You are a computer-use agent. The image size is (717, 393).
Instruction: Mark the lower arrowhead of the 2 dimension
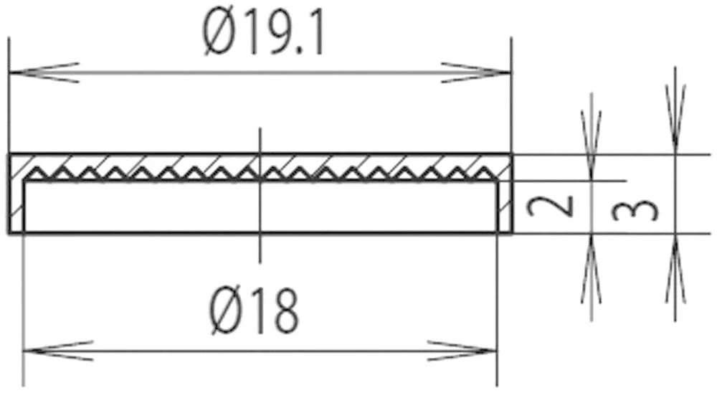(591, 269)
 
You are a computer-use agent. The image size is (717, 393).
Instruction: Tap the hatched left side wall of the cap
(16, 204)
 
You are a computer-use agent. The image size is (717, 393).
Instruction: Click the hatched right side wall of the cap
(504, 204)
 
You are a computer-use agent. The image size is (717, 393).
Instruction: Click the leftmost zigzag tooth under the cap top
(34, 173)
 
